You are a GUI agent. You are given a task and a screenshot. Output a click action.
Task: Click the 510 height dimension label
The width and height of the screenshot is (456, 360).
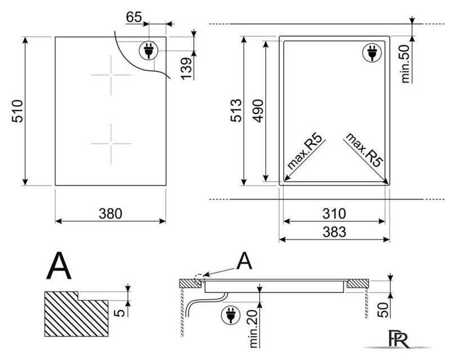click(17, 111)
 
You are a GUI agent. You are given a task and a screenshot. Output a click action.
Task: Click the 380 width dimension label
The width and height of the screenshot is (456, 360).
click(110, 214)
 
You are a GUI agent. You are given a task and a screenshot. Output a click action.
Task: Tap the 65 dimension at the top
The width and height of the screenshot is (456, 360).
click(134, 17)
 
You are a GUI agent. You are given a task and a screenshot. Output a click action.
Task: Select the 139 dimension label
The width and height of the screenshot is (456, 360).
click(186, 69)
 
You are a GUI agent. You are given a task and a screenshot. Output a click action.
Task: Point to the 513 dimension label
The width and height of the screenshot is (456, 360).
click(236, 110)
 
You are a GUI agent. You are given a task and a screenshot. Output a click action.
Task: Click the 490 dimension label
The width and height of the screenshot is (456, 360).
click(258, 111)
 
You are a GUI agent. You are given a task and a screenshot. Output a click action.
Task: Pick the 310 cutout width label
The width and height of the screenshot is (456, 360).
click(334, 214)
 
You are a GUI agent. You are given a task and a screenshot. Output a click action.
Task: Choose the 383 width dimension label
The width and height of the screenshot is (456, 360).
click(334, 232)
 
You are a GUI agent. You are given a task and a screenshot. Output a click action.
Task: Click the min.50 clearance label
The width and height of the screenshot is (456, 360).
click(405, 64)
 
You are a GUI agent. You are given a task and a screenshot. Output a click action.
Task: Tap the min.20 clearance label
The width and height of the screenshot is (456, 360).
click(253, 328)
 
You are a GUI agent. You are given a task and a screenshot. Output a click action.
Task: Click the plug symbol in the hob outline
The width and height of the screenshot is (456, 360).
click(149, 50)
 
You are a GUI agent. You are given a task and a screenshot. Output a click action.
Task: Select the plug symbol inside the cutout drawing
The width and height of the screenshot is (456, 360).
click(372, 52)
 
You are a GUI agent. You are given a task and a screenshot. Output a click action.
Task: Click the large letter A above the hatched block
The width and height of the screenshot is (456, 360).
click(59, 265)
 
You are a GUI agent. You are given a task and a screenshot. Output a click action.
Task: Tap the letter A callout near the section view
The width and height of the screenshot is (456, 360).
click(244, 260)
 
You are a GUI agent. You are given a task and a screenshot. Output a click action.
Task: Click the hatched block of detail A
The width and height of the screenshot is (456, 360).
click(76, 314)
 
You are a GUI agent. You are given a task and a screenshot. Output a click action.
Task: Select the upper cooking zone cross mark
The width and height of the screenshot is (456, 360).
click(111, 75)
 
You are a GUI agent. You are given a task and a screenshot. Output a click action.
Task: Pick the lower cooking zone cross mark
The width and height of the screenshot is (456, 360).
click(111, 143)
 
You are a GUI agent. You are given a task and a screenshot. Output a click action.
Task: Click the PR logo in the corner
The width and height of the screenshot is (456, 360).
click(399, 338)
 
